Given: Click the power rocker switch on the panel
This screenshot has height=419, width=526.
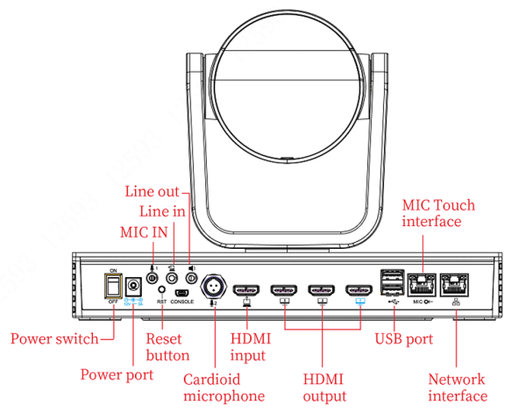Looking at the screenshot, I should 113,285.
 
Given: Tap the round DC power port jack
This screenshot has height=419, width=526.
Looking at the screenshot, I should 135,286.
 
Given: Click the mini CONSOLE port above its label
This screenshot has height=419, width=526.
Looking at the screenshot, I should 182,292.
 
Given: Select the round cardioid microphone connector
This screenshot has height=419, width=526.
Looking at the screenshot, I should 213,287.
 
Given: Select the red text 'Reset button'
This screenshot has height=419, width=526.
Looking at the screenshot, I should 167,346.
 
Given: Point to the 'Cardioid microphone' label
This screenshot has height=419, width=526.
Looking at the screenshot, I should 224,387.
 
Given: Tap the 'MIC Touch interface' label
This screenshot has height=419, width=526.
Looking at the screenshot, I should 438,213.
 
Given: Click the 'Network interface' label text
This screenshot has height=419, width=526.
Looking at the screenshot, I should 458,387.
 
